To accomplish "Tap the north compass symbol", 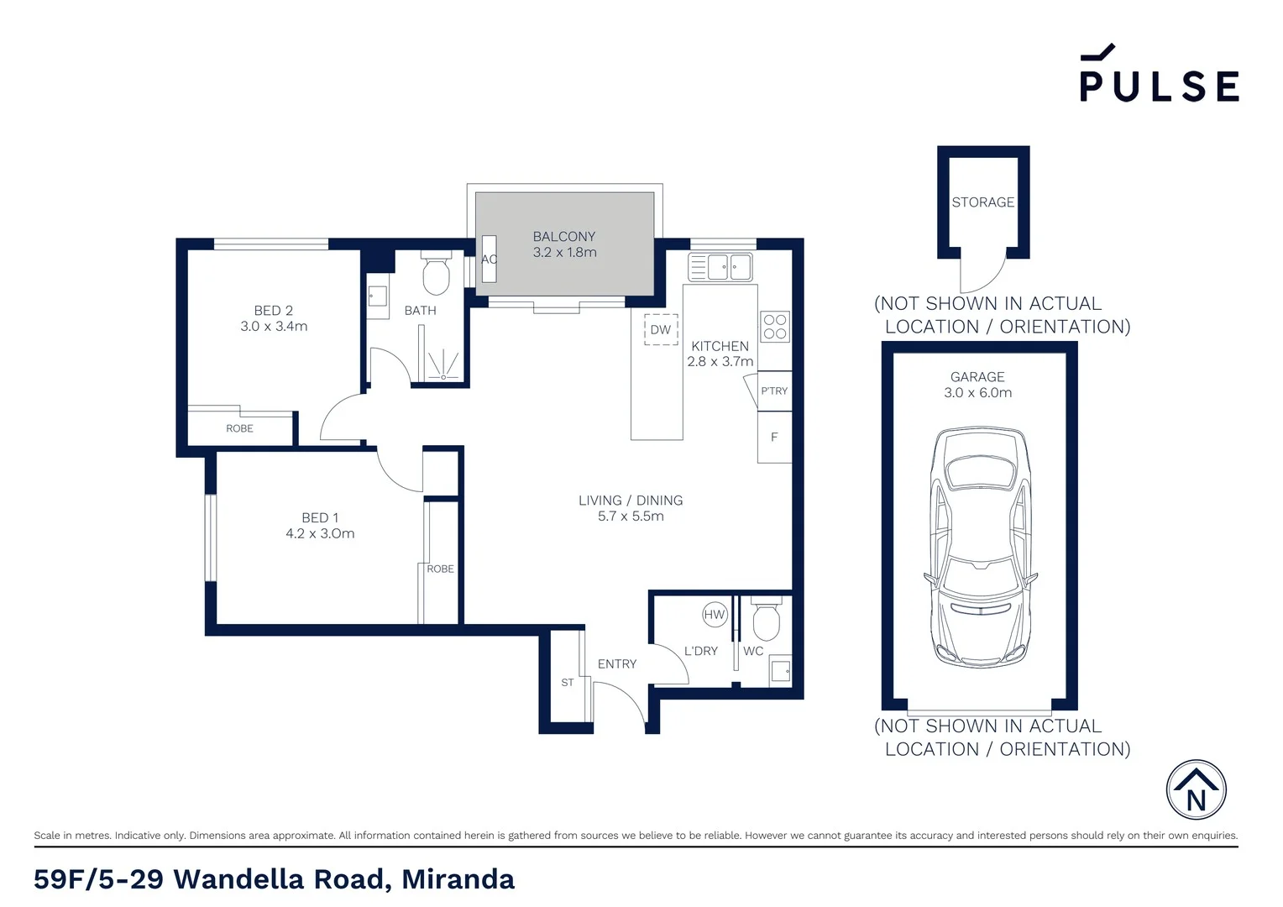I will (x=1196, y=790).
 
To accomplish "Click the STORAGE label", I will (x=982, y=202).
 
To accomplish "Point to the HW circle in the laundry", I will (x=714, y=615).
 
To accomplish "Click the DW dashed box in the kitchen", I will (x=661, y=330).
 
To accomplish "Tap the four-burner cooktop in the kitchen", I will (x=775, y=327).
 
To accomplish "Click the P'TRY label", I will (x=774, y=391).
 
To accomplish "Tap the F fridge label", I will (x=774, y=437).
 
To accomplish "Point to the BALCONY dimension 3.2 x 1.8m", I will (x=564, y=252).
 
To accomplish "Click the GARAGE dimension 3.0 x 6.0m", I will (x=977, y=392).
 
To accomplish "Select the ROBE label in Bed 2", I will (x=239, y=428).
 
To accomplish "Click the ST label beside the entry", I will (x=568, y=683).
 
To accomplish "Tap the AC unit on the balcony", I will (x=489, y=259).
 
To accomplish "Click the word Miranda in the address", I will (x=458, y=879).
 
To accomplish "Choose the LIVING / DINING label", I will (x=630, y=501).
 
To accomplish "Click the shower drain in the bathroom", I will (x=443, y=377).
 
